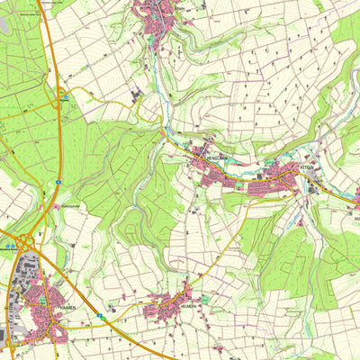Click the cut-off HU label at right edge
click(x=355, y=218)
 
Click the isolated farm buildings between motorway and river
click(x=136, y=93)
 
